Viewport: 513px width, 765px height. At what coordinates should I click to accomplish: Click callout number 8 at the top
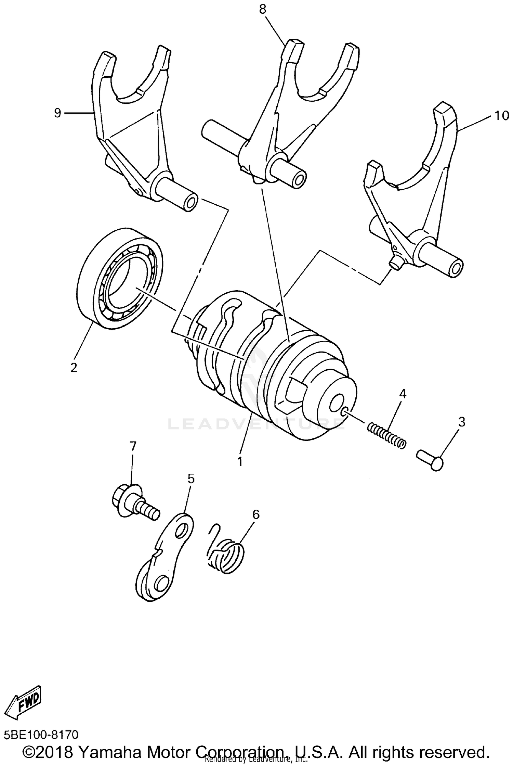262,10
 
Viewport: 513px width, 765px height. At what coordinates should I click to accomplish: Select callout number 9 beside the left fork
57,113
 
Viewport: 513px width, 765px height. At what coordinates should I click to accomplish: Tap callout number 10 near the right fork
501,116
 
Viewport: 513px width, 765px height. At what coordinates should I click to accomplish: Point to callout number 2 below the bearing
74,367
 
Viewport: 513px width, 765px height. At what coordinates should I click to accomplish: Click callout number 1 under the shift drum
240,461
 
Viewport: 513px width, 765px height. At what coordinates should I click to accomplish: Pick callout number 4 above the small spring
403,394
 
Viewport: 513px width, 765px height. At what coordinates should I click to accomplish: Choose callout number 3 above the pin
461,422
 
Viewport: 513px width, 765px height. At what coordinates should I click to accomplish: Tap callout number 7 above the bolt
133,446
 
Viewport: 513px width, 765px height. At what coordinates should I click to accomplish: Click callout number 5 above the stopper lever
190,479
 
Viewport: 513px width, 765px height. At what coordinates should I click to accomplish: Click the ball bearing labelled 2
120,279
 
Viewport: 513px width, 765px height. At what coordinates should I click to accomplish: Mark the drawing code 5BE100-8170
41,735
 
